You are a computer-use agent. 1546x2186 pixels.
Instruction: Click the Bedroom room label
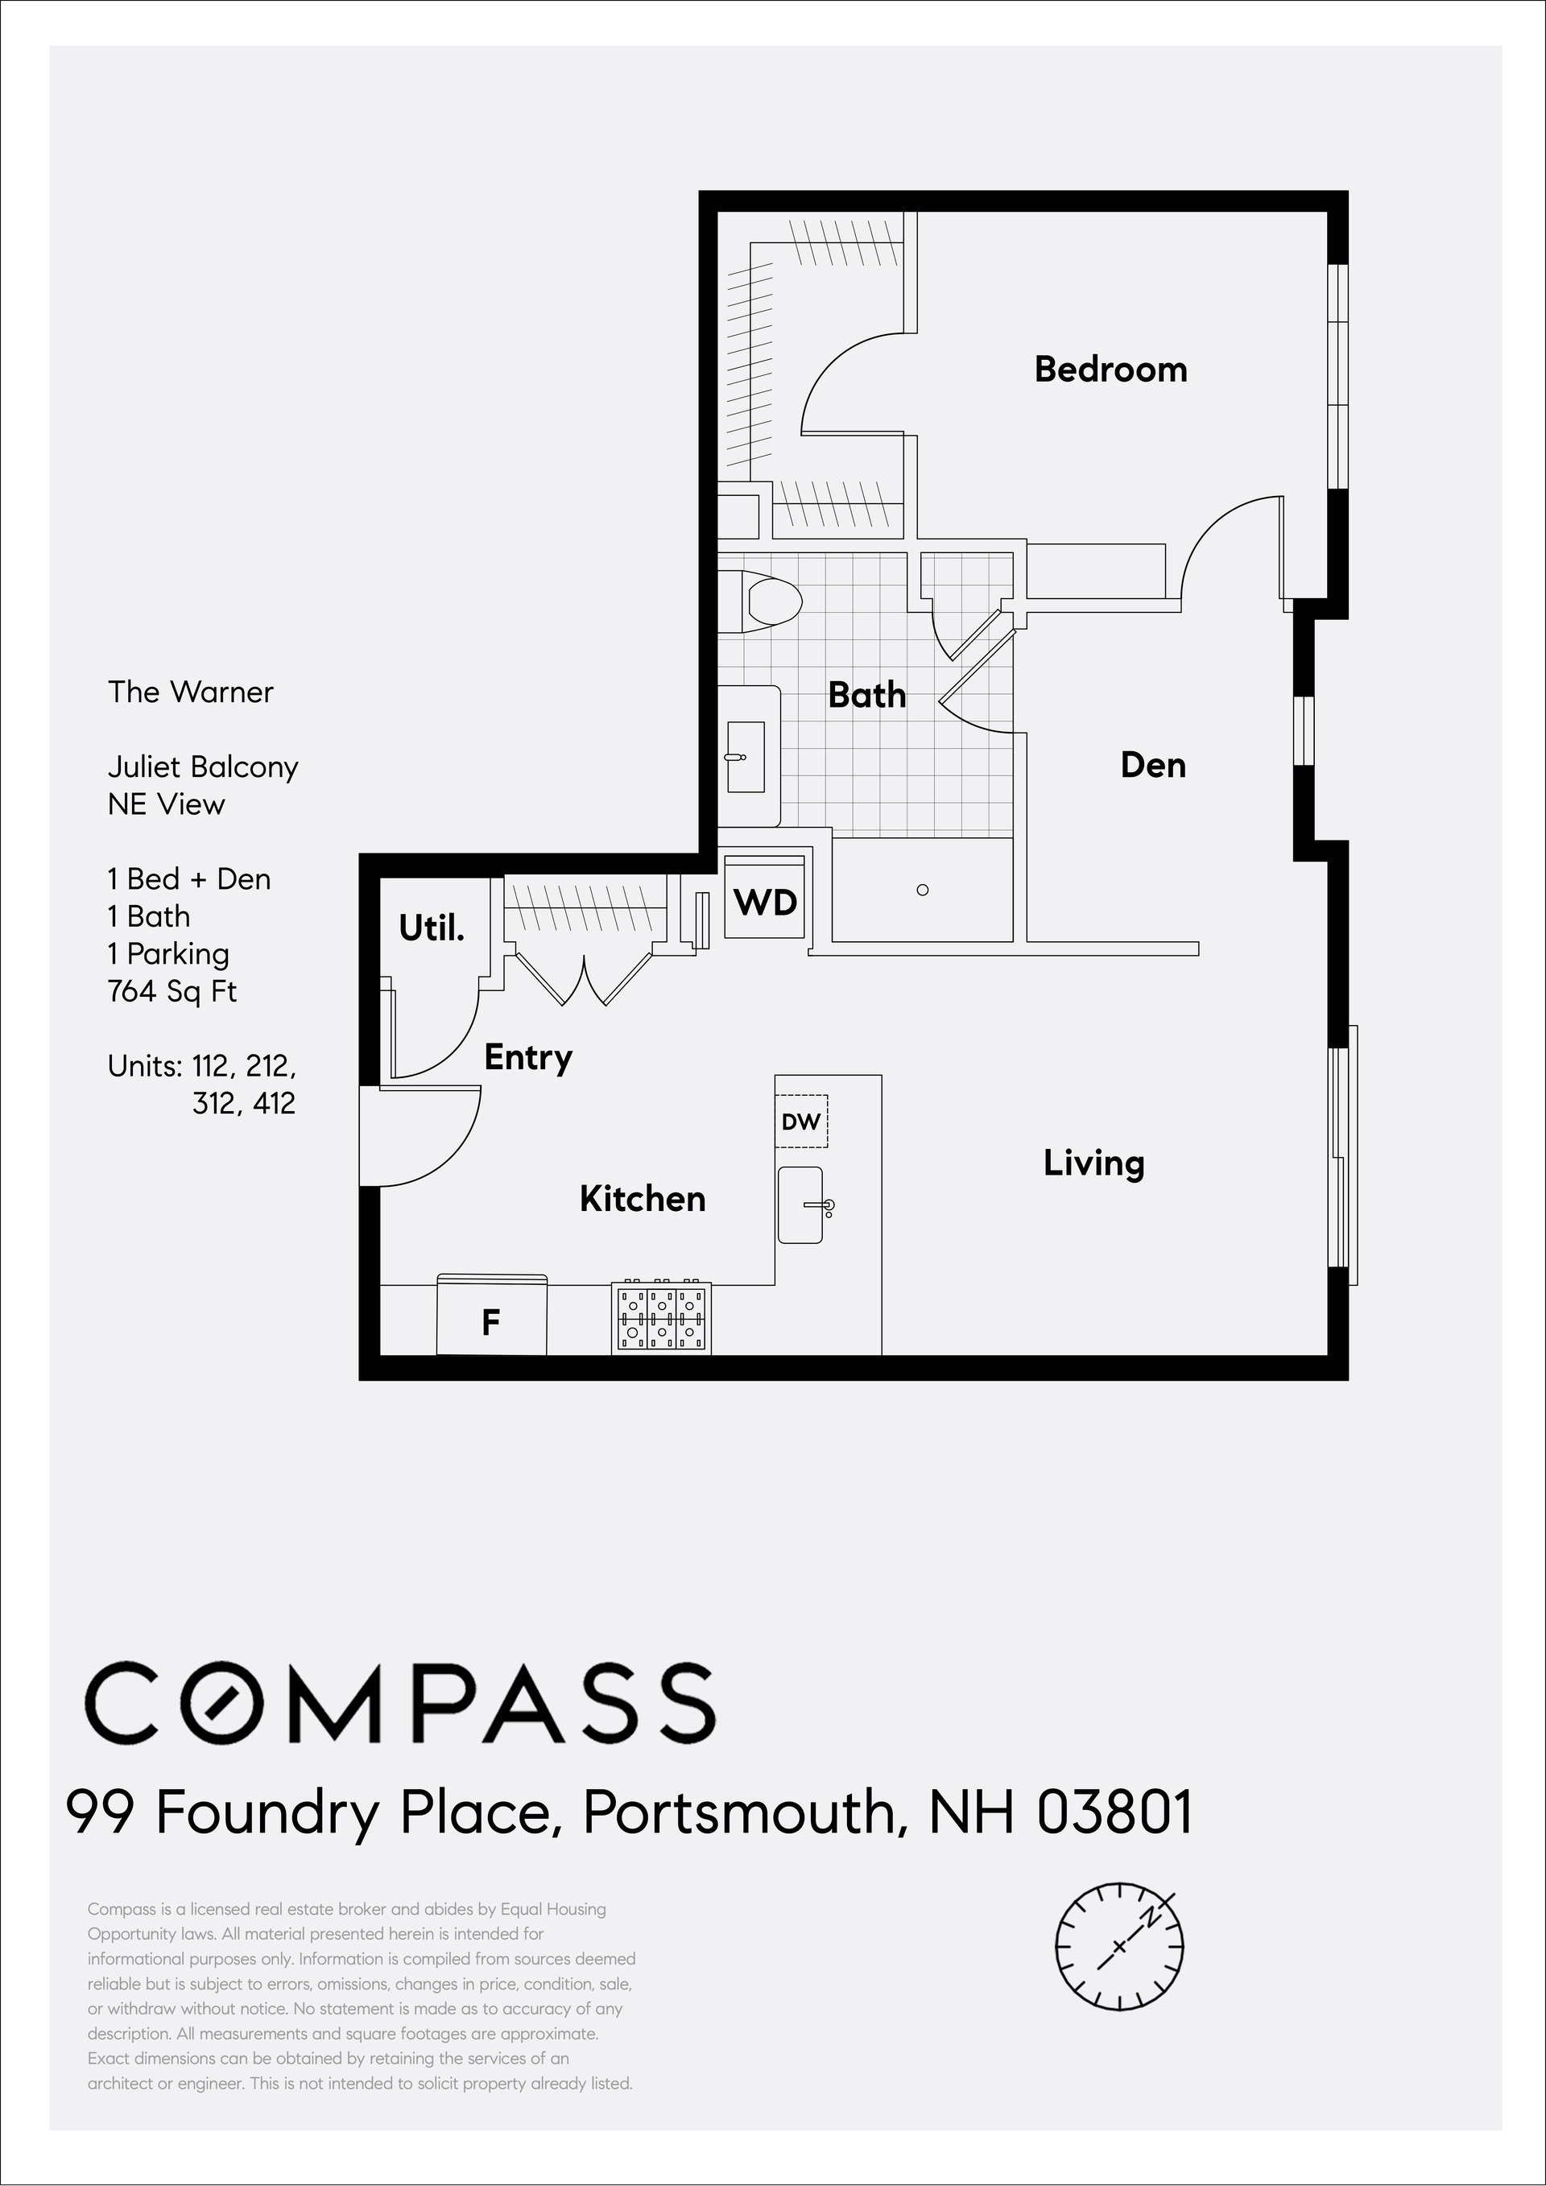point(1111,370)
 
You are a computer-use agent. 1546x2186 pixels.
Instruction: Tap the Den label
point(1153,766)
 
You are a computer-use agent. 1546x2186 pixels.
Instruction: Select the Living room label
point(1093,1163)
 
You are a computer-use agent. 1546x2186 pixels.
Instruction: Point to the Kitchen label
point(643,1199)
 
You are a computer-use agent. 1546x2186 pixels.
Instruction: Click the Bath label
point(866,695)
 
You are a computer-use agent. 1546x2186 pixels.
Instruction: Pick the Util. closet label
point(432,928)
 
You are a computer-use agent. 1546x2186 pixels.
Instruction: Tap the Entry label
point(528,1058)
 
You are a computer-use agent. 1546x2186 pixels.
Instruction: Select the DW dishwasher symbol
point(800,1122)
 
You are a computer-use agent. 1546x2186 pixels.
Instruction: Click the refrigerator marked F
point(491,1316)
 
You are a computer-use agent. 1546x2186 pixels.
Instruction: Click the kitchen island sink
point(800,1205)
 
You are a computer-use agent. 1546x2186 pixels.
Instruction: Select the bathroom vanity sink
point(746,757)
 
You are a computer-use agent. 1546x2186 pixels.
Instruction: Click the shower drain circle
point(921,891)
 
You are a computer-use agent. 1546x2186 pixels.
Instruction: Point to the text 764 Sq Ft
point(172,992)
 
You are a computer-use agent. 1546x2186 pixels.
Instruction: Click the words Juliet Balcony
point(203,767)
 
